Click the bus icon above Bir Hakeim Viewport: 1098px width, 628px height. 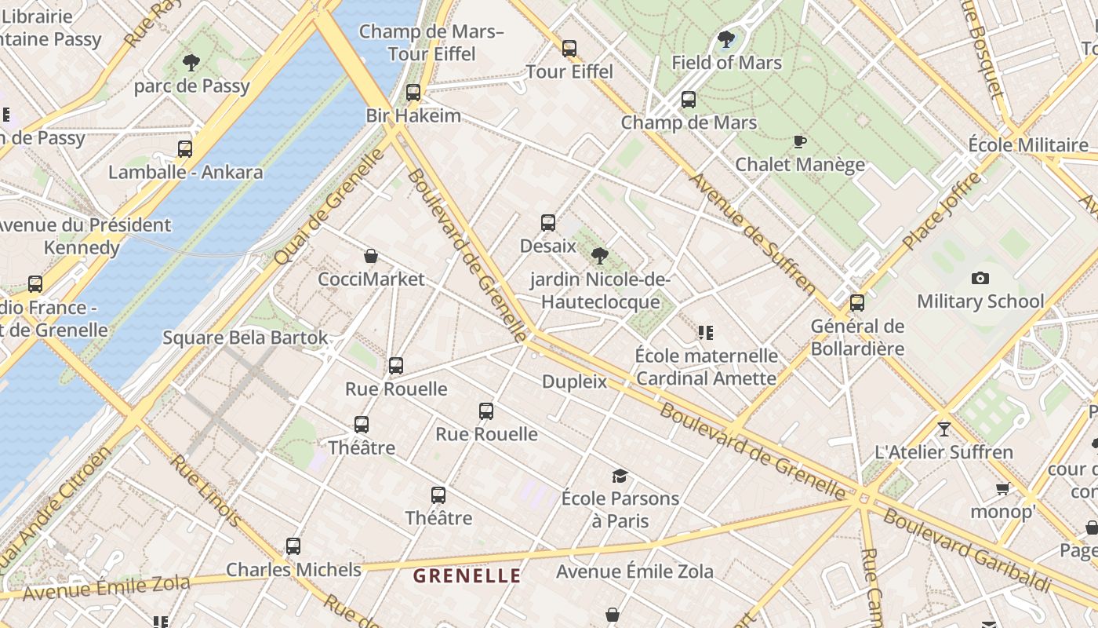[x=413, y=93]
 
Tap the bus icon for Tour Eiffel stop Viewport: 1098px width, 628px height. [x=569, y=49]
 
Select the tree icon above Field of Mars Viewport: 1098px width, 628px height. [x=726, y=39]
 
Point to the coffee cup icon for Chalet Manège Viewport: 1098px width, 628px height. [x=799, y=142]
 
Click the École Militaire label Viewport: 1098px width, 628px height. [x=1028, y=145]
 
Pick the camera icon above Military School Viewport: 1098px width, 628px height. [x=980, y=278]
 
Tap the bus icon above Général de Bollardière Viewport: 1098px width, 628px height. [x=857, y=303]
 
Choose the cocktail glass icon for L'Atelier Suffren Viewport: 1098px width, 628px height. [x=944, y=429]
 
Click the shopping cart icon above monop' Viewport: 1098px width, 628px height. [x=1002, y=489]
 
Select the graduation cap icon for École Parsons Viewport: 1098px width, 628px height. [x=620, y=476]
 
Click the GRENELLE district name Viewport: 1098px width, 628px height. [x=467, y=576]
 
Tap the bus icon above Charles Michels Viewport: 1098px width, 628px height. [x=293, y=546]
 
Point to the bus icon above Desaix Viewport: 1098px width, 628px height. [x=548, y=223]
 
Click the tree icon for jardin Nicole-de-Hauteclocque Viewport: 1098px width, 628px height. [x=600, y=255]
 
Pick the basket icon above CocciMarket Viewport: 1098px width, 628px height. [x=371, y=256]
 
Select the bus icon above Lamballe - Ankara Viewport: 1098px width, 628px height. [x=185, y=149]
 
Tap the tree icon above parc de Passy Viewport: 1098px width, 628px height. [x=191, y=63]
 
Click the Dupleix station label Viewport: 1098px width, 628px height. [x=575, y=382]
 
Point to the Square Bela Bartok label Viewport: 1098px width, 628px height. [x=245, y=338]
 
